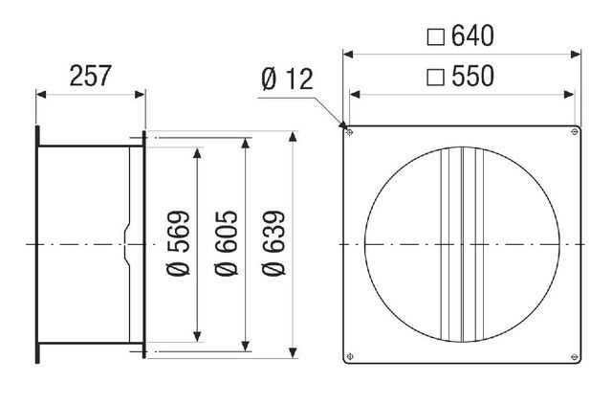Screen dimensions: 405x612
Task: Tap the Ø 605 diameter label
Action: click(233, 243)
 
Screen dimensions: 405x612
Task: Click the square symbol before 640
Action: click(435, 36)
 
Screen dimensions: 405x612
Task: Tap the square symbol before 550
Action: click(435, 78)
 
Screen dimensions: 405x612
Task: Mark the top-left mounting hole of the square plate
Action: click(350, 131)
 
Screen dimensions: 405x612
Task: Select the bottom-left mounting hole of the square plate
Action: click(350, 357)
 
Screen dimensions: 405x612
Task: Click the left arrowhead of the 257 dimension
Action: click(40, 94)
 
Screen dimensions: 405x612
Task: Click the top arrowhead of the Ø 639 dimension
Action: click(293, 136)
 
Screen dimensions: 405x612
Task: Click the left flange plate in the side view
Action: click(37, 244)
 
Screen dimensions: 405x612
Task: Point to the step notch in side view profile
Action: click(126, 244)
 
